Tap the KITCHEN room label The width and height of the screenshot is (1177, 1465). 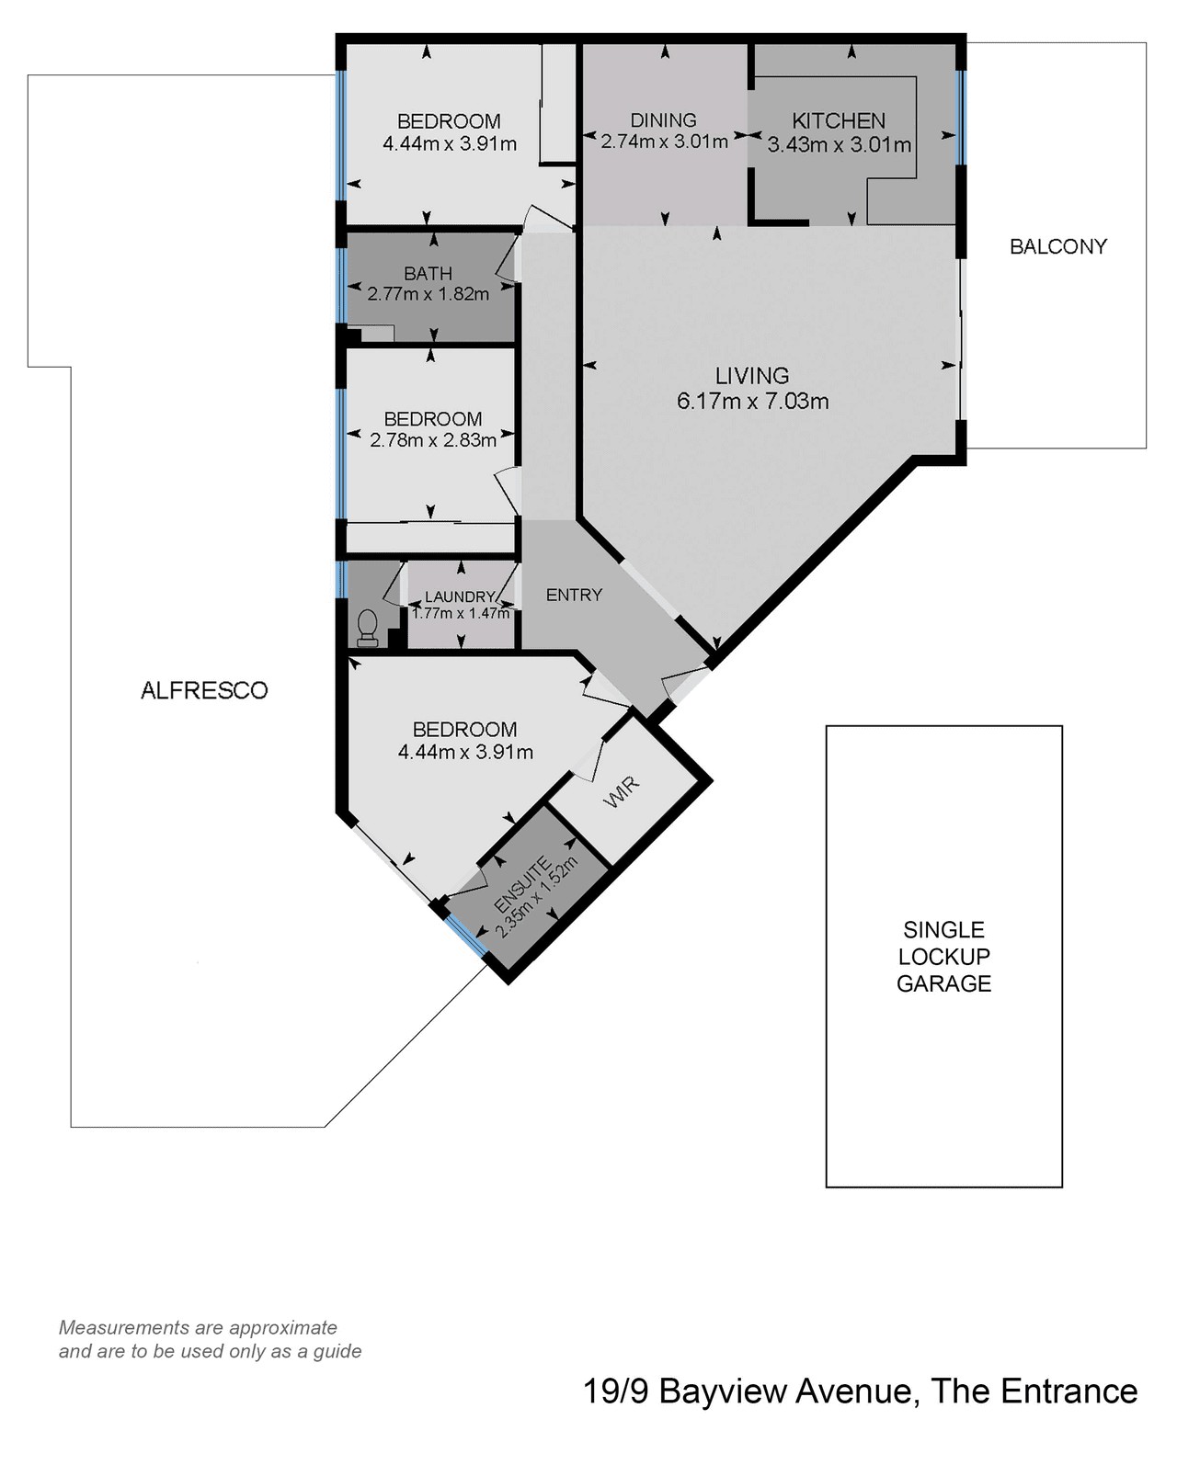[x=839, y=121]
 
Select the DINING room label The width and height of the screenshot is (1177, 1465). [x=663, y=120]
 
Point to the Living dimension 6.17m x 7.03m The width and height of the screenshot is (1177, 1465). [x=753, y=401]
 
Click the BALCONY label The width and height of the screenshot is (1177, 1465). [x=1057, y=246]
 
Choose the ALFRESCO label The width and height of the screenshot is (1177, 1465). [x=204, y=690]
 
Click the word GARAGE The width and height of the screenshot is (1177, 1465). [x=944, y=983]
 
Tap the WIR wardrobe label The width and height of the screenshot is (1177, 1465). [x=622, y=791]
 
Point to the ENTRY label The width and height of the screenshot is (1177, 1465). [x=574, y=595]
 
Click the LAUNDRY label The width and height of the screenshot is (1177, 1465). [x=460, y=597]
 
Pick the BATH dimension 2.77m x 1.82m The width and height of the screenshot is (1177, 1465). [x=429, y=294]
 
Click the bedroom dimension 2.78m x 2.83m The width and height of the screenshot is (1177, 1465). [x=433, y=439]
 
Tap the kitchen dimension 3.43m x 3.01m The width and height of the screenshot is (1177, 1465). [x=840, y=144]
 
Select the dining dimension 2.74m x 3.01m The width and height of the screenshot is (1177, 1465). [x=664, y=142]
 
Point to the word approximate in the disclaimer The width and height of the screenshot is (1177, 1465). [x=283, y=1327]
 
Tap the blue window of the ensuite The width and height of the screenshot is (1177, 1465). [x=466, y=936]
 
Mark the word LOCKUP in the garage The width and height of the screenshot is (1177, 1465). [x=944, y=957]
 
